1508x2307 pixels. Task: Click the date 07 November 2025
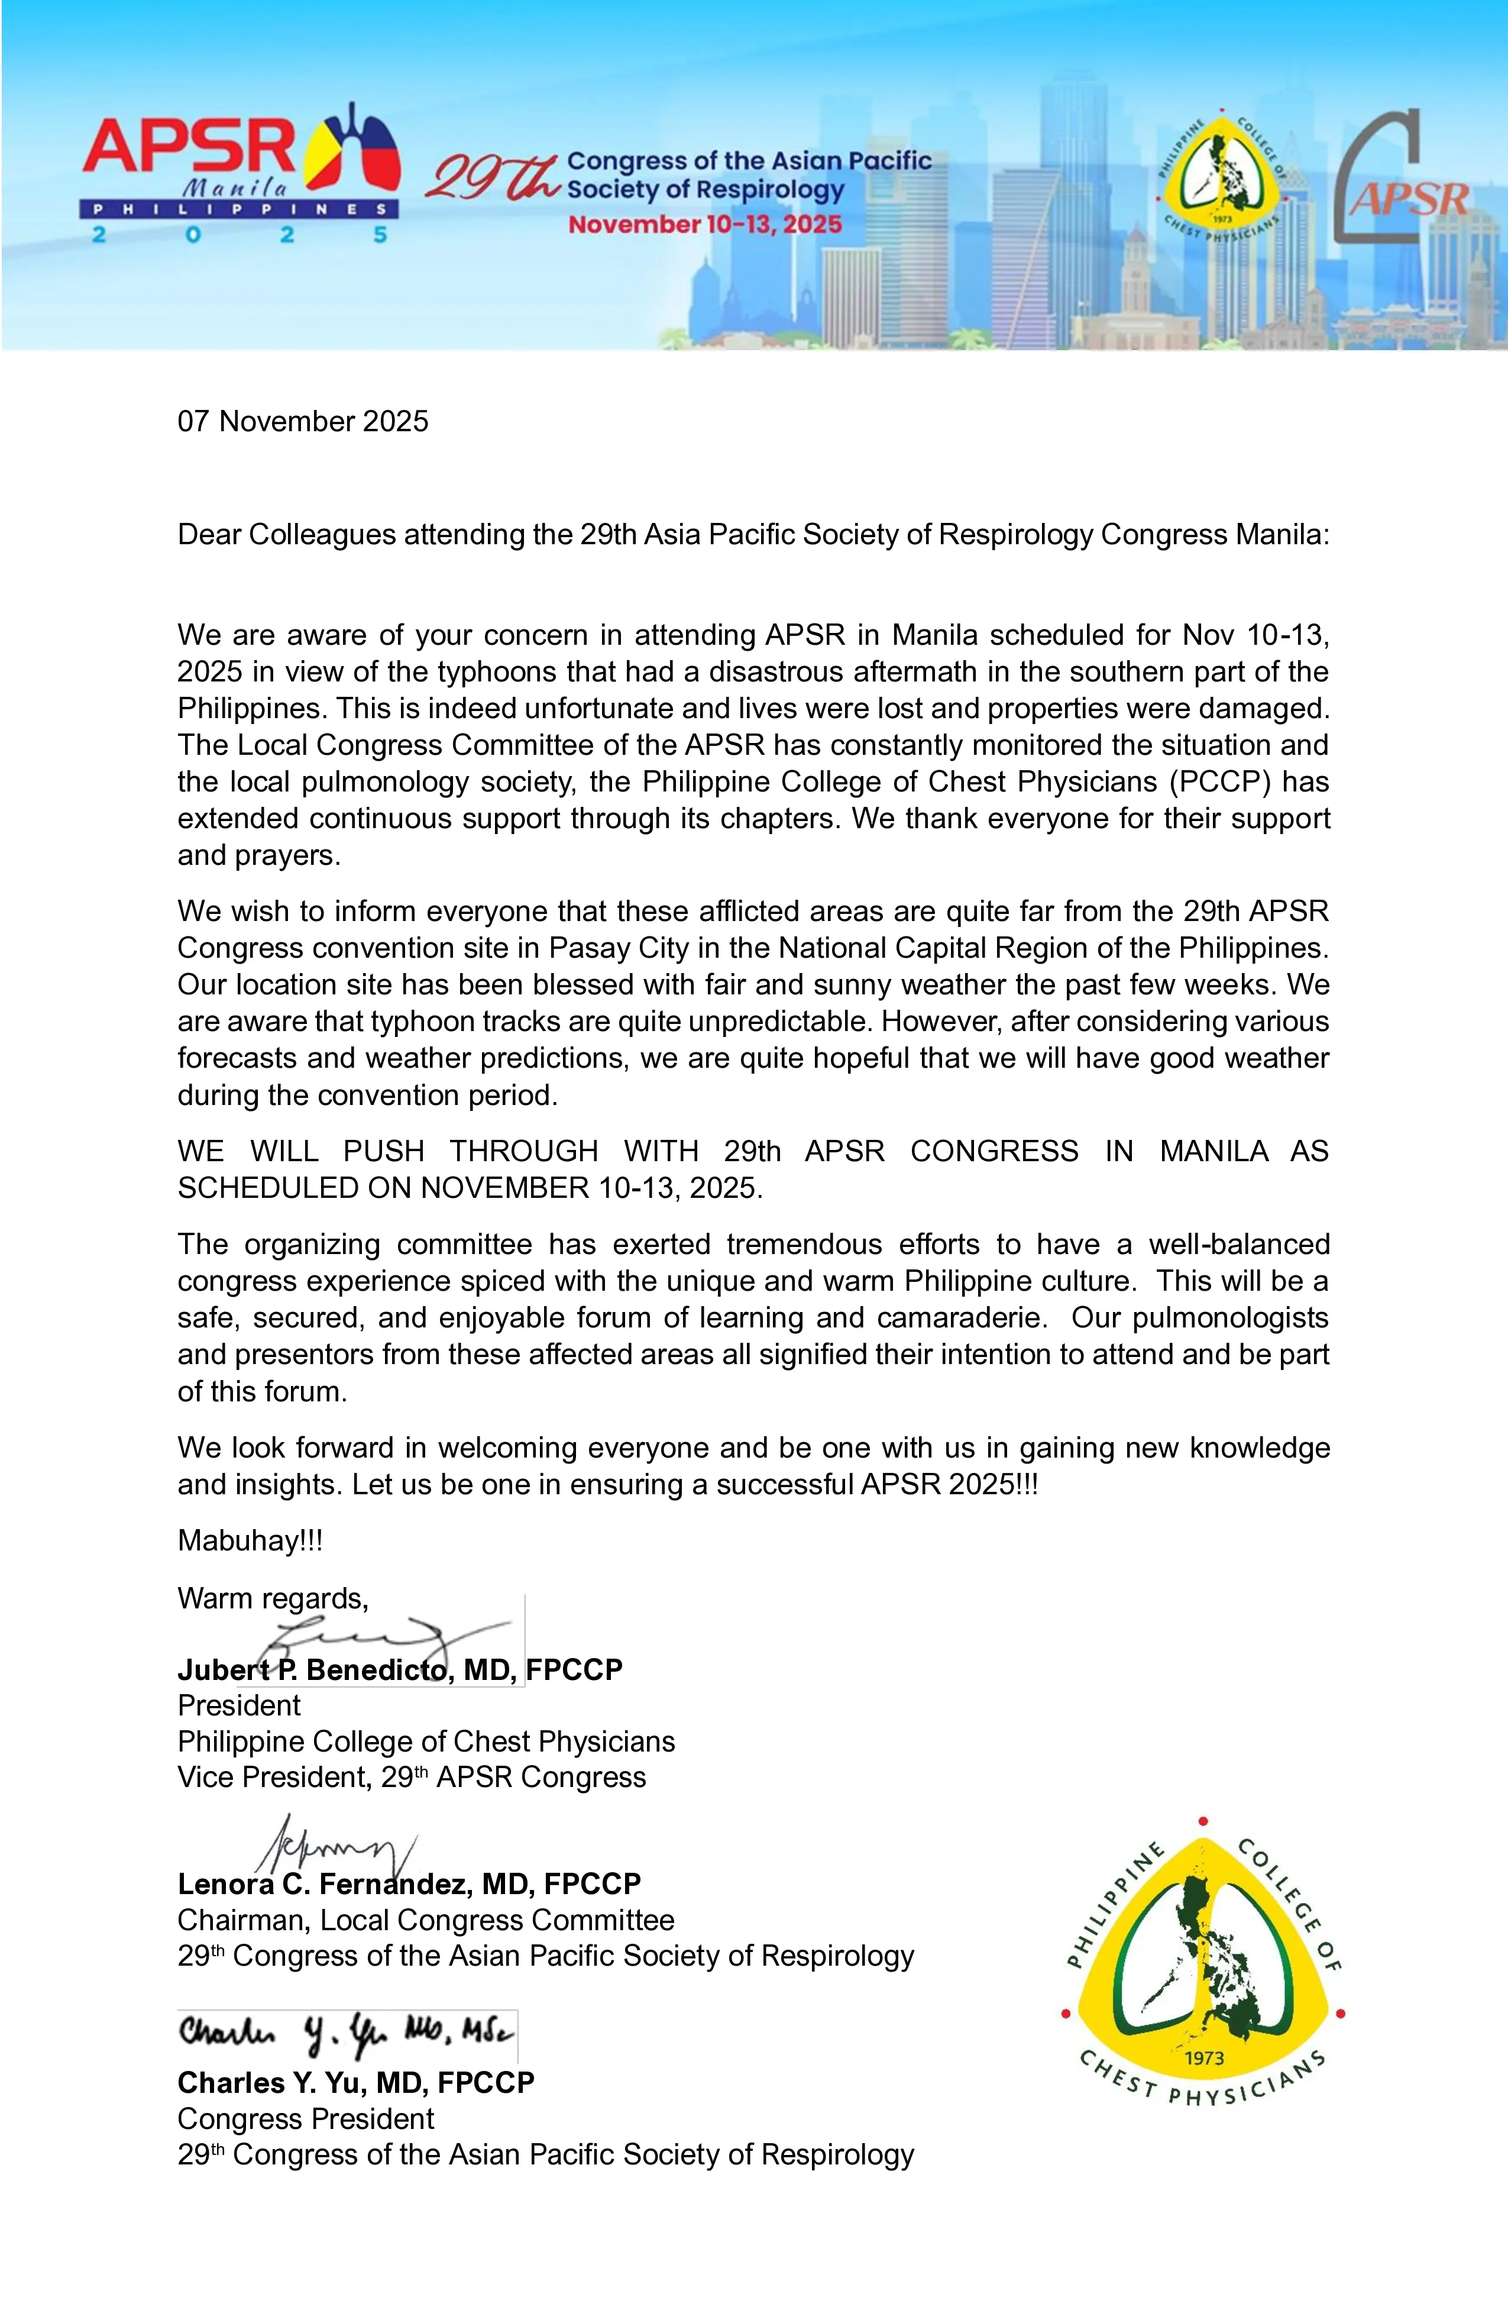click(302, 422)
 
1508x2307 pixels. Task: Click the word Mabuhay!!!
click(250, 1540)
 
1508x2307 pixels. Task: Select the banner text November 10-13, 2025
click(704, 225)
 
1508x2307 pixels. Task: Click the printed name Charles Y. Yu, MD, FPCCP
click(355, 2083)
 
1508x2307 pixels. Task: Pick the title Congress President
click(305, 2119)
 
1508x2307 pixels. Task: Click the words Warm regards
click(273, 1598)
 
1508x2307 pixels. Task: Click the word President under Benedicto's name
click(238, 1705)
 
